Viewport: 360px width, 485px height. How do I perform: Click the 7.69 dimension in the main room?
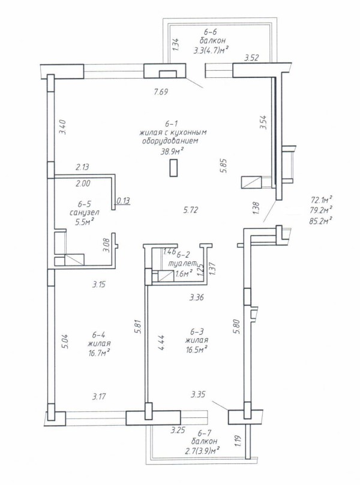click(x=161, y=92)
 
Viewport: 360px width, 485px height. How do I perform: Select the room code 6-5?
click(x=84, y=204)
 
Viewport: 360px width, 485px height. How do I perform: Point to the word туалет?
click(x=182, y=264)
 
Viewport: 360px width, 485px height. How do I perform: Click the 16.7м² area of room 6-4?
click(x=100, y=353)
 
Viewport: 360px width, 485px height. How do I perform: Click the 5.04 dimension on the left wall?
click(x=66, y=341)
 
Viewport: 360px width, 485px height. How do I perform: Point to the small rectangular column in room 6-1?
click(x=173, y=168)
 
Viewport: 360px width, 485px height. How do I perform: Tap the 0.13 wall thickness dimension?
click(x=123, y=201)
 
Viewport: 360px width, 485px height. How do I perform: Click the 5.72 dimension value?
click(x=191, y=210)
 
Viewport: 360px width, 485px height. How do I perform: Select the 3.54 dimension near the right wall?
click(x=263, y=122)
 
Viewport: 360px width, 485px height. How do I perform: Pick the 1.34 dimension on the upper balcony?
click(x=175, y=44)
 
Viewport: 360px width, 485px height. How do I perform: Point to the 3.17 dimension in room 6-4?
click(x=99, y=396)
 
